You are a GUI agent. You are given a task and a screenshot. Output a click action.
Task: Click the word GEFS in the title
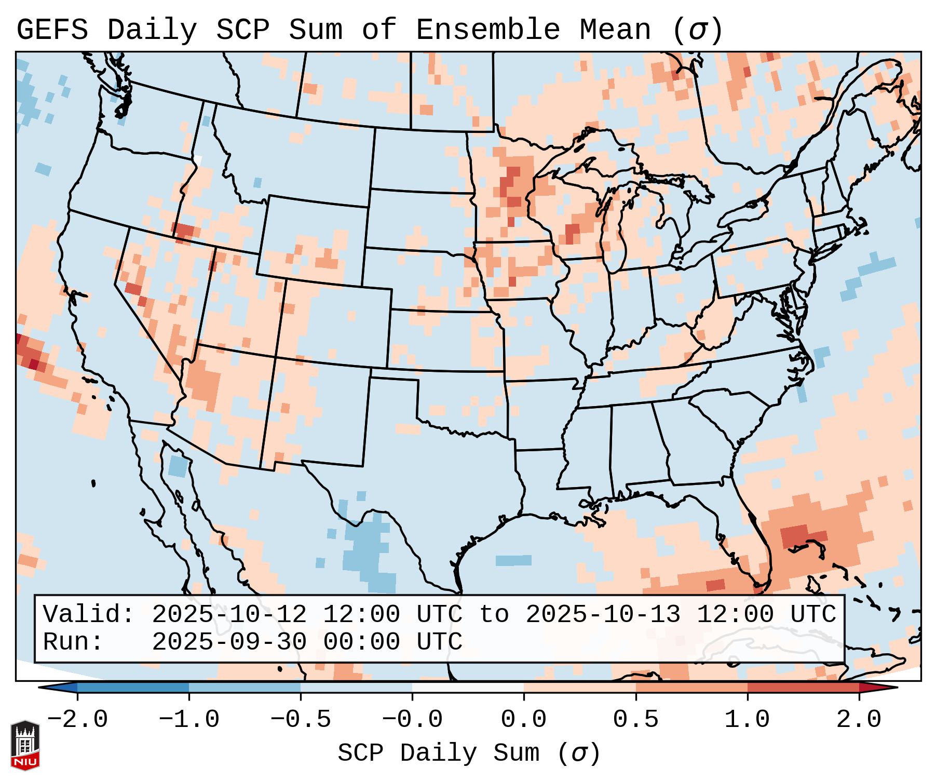coord(52,30)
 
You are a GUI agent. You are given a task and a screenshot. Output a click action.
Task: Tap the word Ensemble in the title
coord(488,30)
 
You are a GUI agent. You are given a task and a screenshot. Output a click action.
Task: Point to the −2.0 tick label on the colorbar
coord(77,720)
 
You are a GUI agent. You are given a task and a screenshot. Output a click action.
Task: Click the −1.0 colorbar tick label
coord(189,720)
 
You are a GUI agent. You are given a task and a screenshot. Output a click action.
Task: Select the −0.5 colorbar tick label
coord(301,720)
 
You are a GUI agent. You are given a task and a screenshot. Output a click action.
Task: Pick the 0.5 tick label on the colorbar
coord(636,720)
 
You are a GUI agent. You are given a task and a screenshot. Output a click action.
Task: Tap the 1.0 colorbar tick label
coord(748,720)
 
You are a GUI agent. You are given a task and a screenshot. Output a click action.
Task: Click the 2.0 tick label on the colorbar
coord(859,720)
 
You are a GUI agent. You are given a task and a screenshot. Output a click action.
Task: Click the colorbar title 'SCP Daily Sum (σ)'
coord(469,753)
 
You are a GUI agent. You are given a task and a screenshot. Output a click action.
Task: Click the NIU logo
coord(25,745)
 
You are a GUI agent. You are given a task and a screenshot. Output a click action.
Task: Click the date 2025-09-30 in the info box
coord(229,642)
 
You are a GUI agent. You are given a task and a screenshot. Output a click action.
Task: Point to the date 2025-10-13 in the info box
coord(603,614)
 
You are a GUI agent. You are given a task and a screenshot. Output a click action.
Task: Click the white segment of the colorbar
coord(468,687)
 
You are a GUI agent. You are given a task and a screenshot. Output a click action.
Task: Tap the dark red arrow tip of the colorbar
coord(877,687)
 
